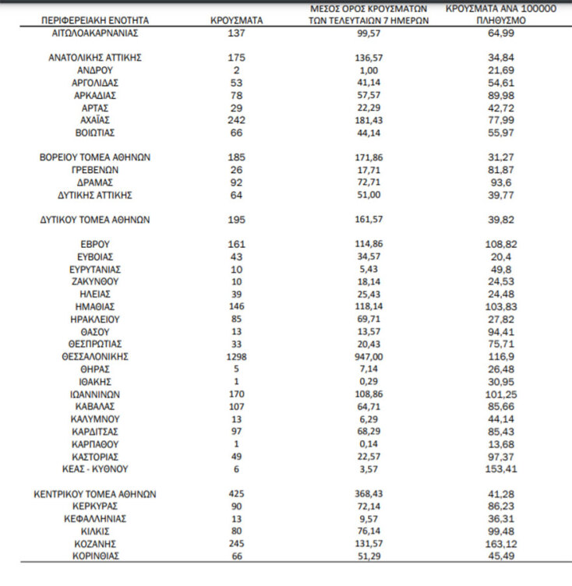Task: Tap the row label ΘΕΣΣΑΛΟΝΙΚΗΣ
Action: pos(95,356)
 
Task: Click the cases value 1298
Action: pos(237,356)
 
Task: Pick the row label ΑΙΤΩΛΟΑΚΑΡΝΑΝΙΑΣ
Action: pos(95,34)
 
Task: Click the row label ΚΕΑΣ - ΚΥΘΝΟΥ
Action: pos(95,469)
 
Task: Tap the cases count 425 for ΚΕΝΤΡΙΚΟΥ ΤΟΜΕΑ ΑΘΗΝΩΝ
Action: pos(237,493)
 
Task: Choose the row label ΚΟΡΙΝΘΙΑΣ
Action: pos(95,556)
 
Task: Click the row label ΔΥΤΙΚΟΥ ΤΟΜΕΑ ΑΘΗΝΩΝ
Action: pos(95,220)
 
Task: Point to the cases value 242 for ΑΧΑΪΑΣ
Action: pos(237,120)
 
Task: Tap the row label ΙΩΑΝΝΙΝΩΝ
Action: pos(95,394)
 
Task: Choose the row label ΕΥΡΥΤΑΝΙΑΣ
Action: pos(95,269)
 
